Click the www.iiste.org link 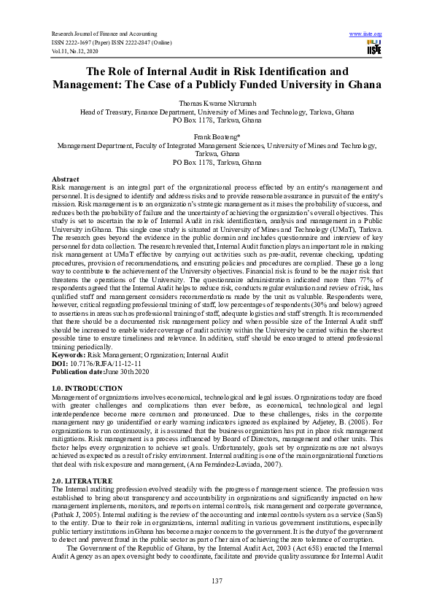click(366, 34)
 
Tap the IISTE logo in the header click(373, 47)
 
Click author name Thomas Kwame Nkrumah click(217, 105)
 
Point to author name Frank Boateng click(216, 136)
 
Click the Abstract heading click(66, 179)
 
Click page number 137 click(217, 580)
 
